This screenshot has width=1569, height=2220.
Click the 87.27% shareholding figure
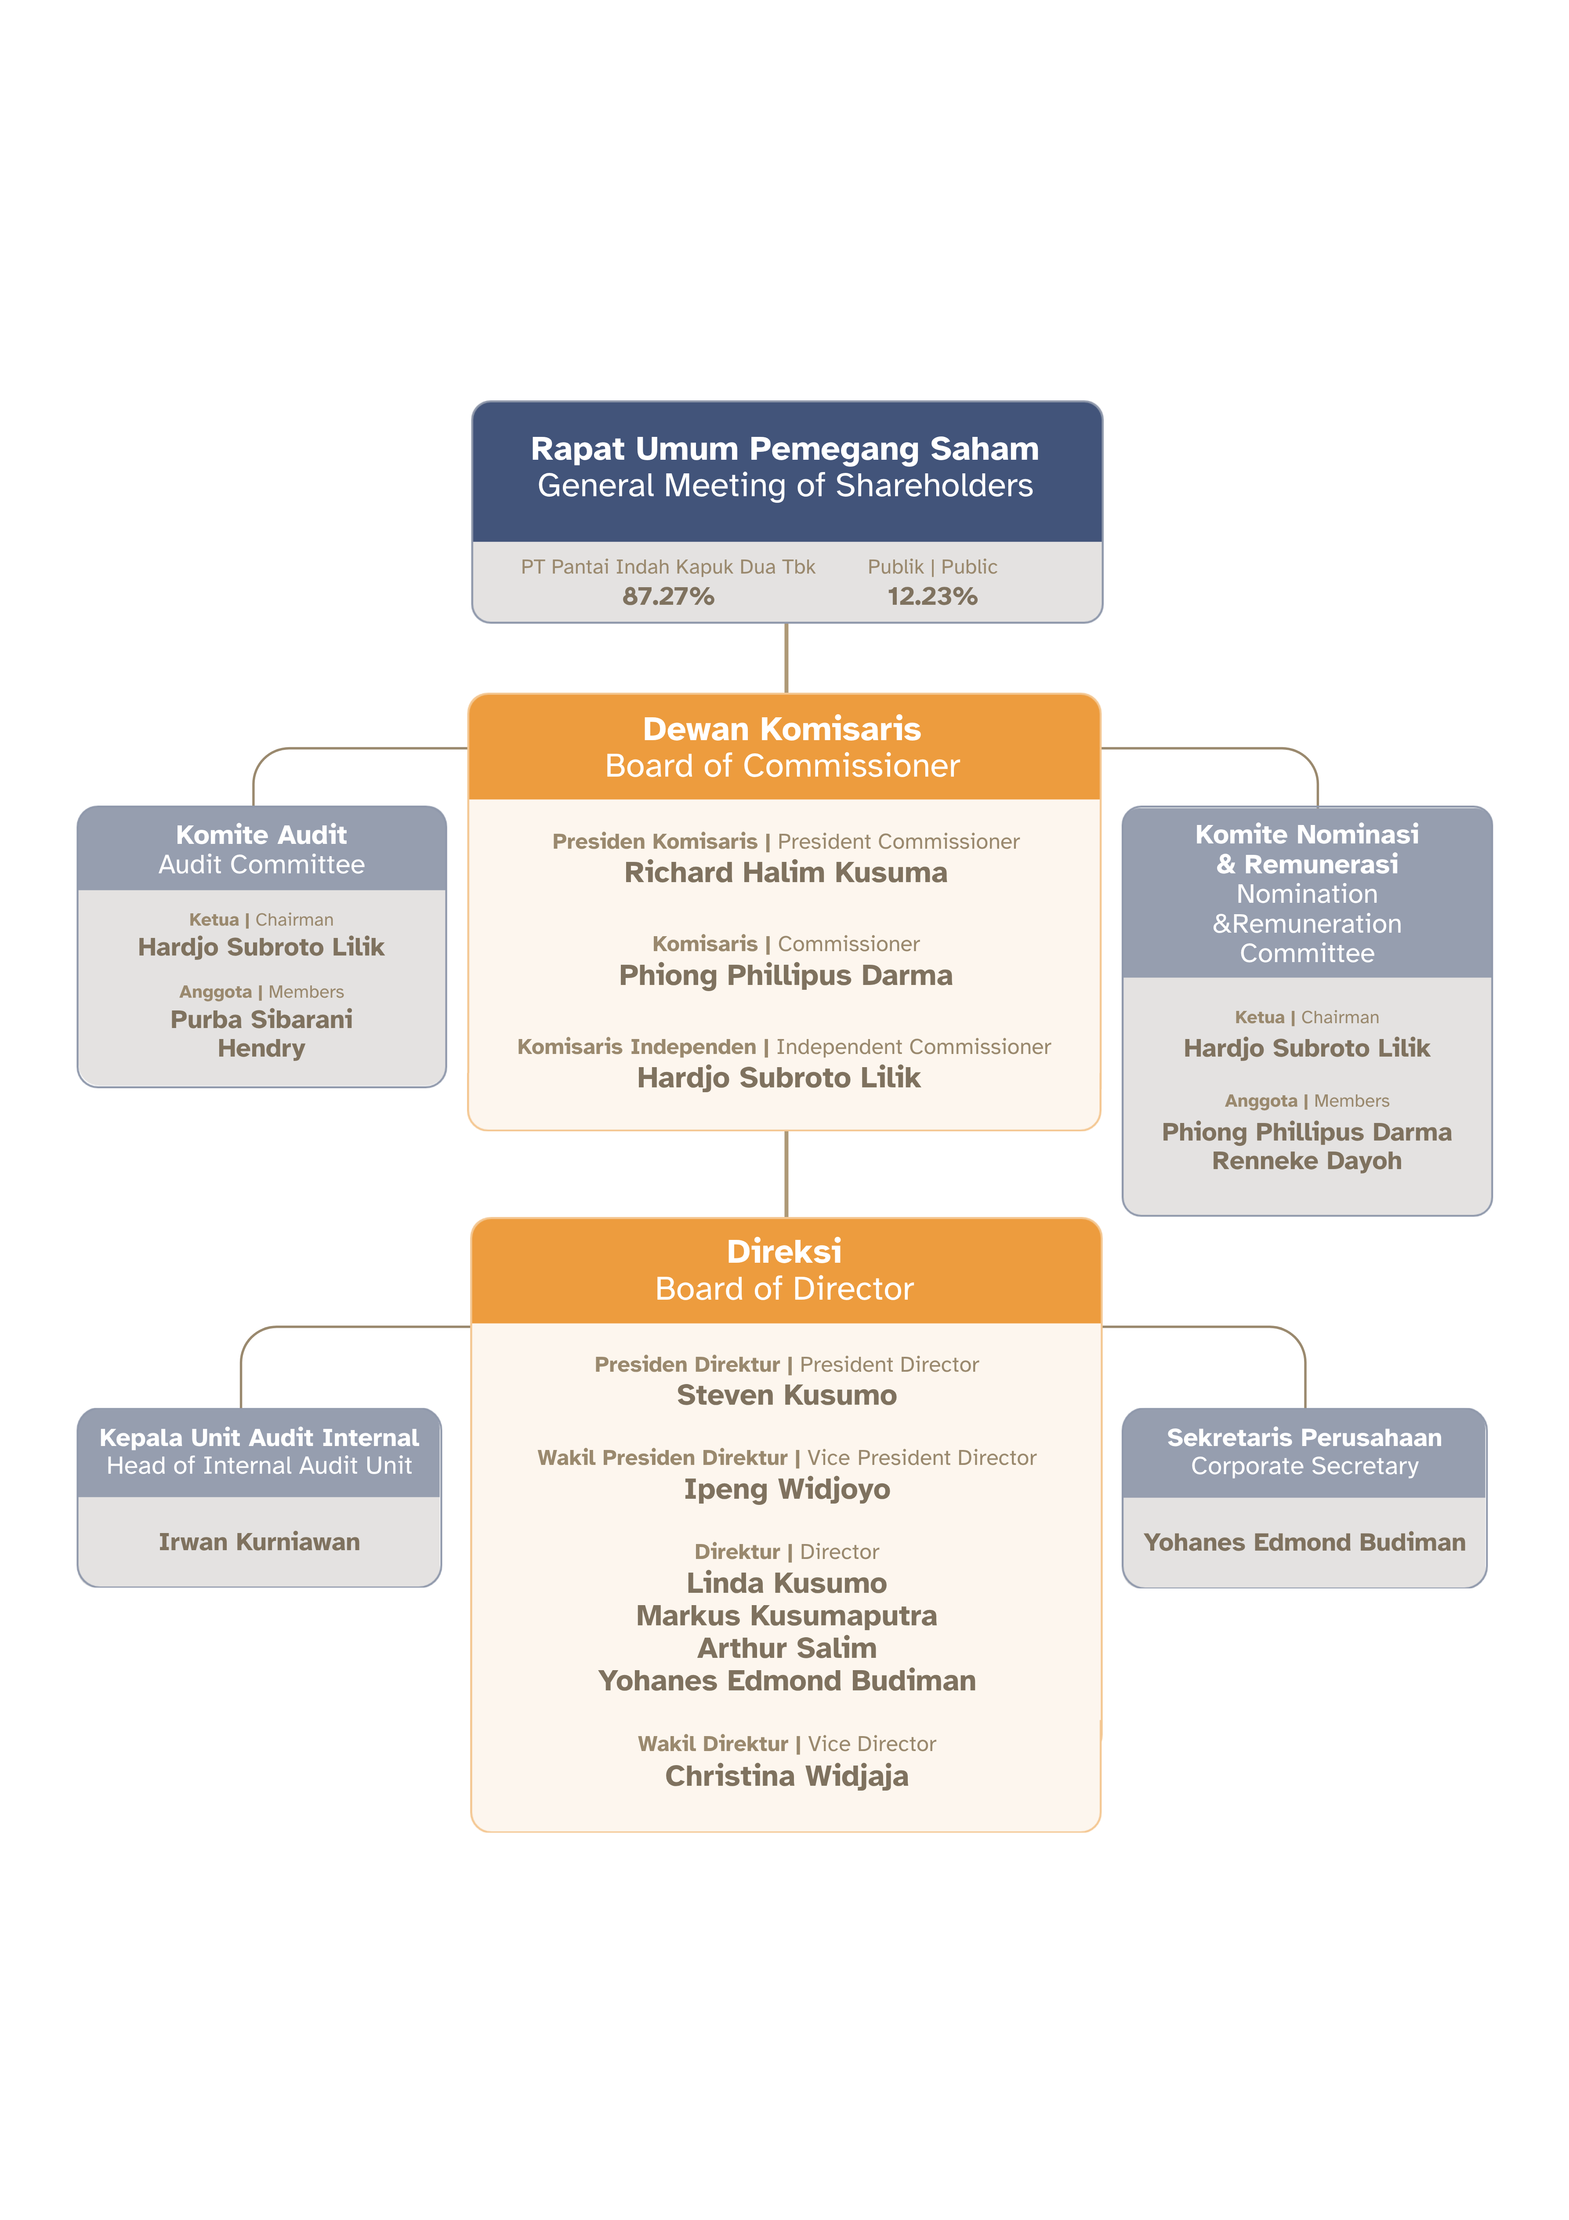point(668,596)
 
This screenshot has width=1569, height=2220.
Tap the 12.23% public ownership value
point(932,596)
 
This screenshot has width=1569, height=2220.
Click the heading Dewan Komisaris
point(782,729)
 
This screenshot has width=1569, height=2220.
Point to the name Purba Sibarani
point(261,1019)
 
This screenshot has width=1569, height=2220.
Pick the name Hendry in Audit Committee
point(261,1048)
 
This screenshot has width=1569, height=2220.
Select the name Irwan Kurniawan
point(259,1542)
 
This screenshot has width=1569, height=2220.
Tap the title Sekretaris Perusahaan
point(1304,1438)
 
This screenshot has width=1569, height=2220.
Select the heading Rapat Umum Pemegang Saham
point(785,450)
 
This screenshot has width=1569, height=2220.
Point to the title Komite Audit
point(261,835)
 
